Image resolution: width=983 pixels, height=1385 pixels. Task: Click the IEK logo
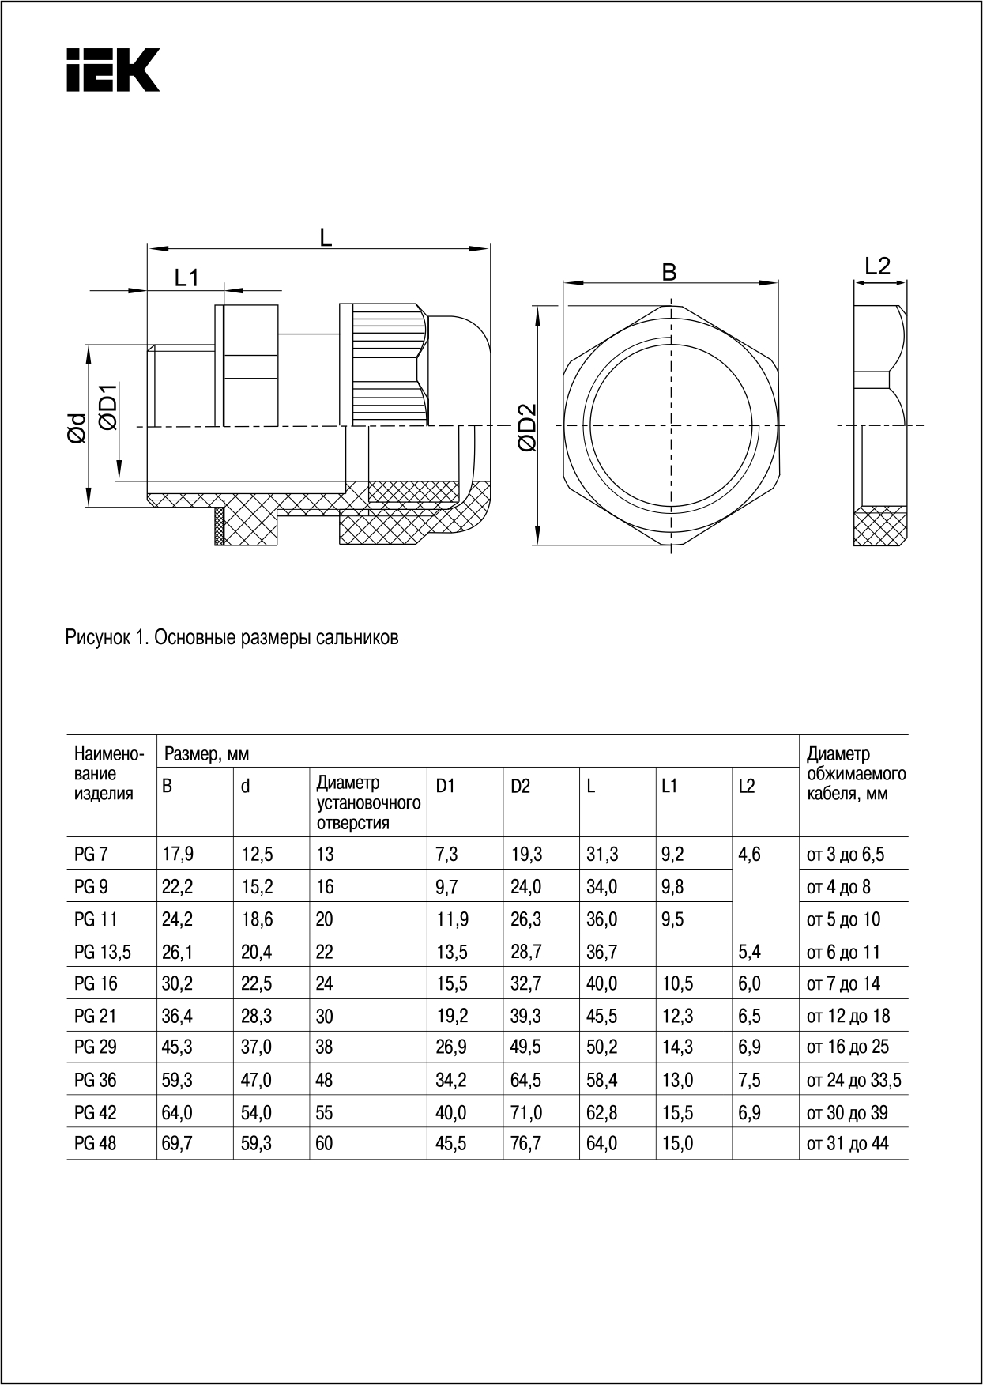point(112,70)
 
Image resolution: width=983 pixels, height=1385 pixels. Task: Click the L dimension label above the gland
point(325,237)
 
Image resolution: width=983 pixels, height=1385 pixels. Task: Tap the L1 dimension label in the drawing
point(186,277)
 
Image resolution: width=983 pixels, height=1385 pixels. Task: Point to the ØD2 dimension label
point(527,427)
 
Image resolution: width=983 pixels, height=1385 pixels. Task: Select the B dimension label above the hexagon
point(669,272)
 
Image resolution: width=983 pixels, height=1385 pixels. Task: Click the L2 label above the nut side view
point(877,266)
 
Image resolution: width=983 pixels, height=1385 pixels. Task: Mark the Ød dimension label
point(77,428)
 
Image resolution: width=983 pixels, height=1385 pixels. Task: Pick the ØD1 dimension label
point(109,408)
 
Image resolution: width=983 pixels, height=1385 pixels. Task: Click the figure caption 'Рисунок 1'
point(232,638)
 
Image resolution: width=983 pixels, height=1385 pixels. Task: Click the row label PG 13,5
point(103,953)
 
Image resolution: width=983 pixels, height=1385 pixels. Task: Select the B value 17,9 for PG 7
point(178,855)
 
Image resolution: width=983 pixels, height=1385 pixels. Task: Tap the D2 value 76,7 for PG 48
point(526,1144)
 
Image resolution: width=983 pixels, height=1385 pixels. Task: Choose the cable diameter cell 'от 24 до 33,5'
point(853,1080)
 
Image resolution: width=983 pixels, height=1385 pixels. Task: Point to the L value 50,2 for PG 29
point(602,1047)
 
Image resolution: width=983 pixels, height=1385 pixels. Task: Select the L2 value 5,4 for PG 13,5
point(749,953)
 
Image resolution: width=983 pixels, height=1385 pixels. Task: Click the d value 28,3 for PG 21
point(256,1016)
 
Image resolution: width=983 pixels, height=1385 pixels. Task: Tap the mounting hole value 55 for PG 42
point(324,1113)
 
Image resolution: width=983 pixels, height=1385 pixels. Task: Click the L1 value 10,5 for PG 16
point(677,984)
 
